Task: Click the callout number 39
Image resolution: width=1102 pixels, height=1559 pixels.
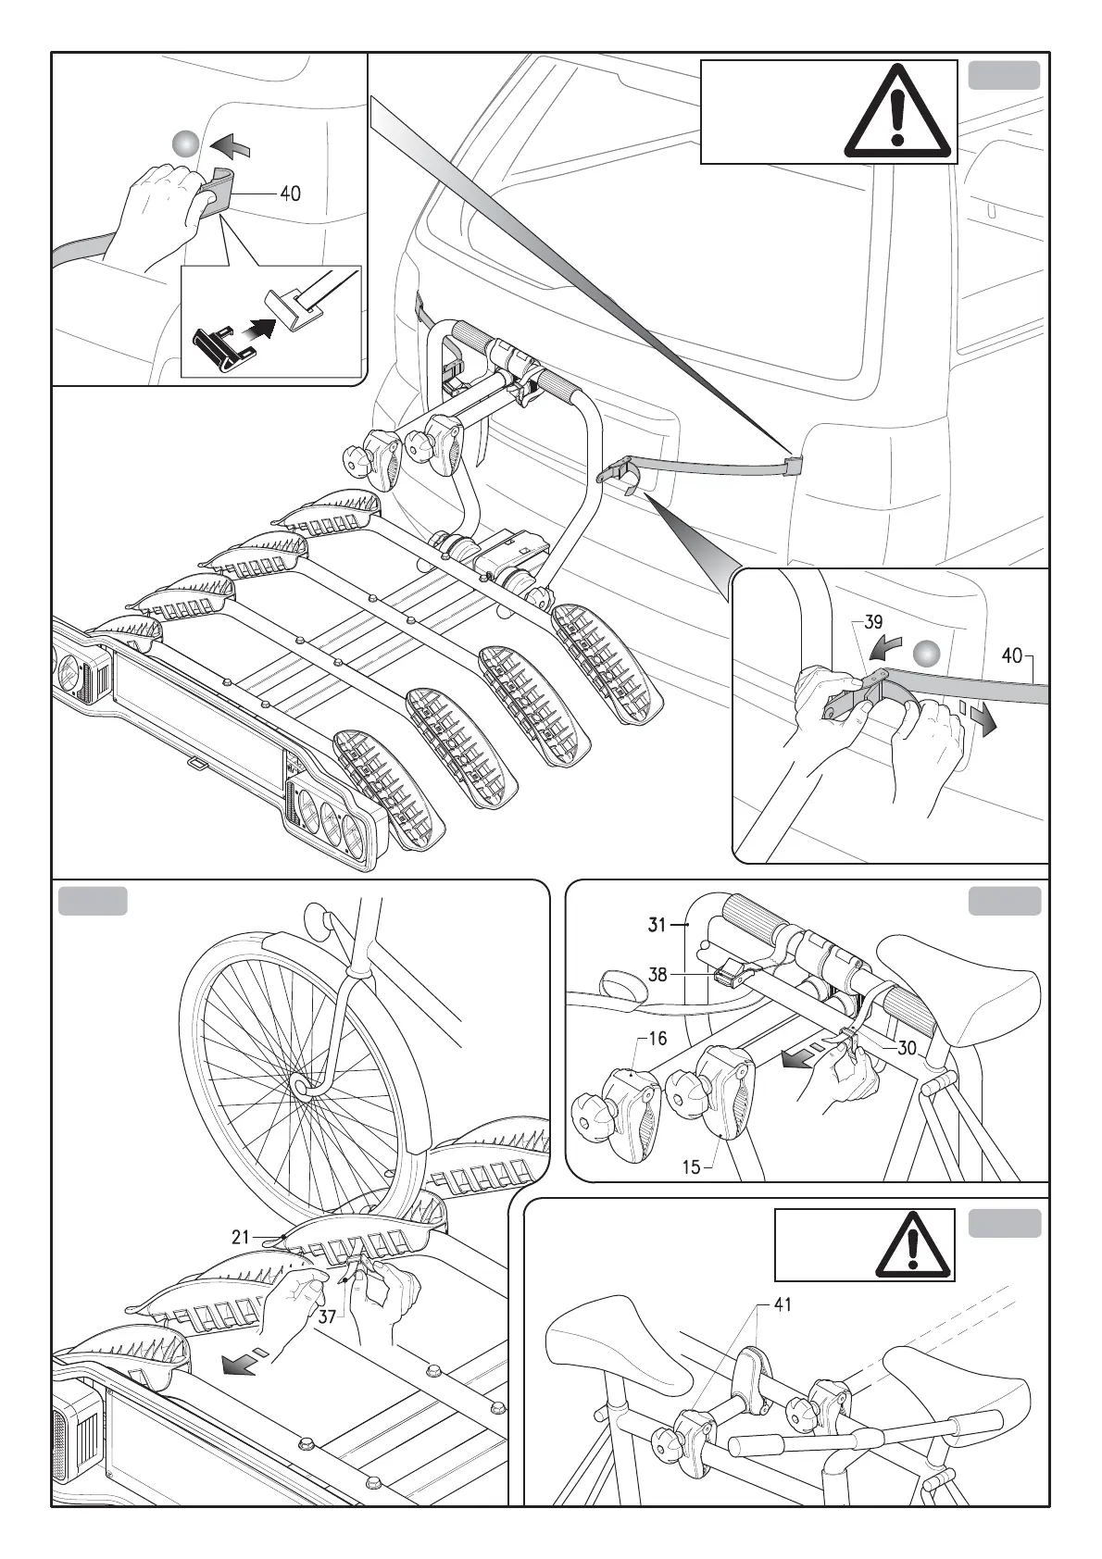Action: pyautogui.click(x=873, y=622)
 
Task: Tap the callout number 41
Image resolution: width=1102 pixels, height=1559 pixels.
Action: pyautogui.click(x=783, y=1304)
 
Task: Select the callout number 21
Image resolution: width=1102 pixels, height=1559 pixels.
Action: pyautogui.click(x=241, y=1236)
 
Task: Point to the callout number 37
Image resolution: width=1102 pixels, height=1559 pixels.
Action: pyautogui.click(x=328, y=1316)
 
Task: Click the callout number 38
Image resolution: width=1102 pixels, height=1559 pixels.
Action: pyautogui.click(x=657, y=974)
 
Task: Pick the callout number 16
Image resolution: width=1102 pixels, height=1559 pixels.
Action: pyautogui.click(x=657, y=1038)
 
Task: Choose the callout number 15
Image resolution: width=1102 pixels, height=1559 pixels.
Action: pyautogui.click(x=692, y=1167)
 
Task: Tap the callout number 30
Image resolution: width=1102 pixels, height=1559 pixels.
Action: pyautogui.click(x=907, y=1047)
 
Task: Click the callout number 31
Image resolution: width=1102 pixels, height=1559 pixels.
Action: pyautogui.click(x=657, y=924)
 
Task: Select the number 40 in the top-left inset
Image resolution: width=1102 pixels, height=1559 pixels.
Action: pyautogui.click(x=290, y=193)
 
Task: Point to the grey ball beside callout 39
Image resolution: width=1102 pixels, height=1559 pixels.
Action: pyautogui.click(x=927, y=654)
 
